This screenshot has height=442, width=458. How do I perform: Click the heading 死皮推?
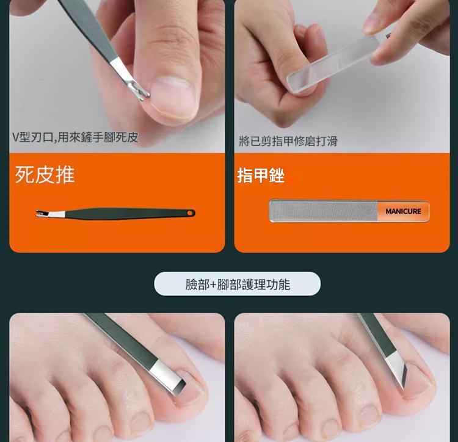[x=45, y=175]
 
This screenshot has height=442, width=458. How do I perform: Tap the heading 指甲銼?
[x=261, y=176]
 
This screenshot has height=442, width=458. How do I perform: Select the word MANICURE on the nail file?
[x=403, y=211]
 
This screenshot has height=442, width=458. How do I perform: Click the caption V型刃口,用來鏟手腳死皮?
[x=76, y=138]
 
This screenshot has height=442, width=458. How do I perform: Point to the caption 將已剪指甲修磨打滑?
[x=288, y=142]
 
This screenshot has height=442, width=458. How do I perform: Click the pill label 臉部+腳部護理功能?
[x=238, y=284]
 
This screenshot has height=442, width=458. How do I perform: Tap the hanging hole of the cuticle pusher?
[x=191, y=212]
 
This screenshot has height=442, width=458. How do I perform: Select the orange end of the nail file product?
[x=403, y=211]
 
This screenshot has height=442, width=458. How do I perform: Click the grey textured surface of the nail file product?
[x=324, y=211]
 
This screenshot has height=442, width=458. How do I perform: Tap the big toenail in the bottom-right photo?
[x=418, y=382]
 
